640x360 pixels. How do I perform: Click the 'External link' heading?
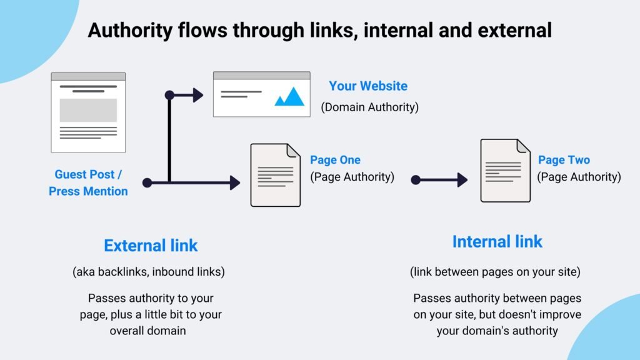tap(151, 246)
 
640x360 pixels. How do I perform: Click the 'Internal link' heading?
tap(497, 241)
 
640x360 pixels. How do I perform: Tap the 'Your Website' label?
tap(368, 86)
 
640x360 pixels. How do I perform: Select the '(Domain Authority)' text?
tap(369, 107)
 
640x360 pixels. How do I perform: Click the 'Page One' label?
tap(335, 160)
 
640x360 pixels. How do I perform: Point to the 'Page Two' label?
tap(564, 160)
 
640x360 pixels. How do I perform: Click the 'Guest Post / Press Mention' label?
tap(88, 183)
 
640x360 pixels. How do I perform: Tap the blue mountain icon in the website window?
tap(289, 96)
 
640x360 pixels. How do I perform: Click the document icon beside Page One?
tap(275, 175)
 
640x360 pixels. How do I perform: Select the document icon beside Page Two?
tap(505, 170)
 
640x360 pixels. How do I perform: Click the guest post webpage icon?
tap(88, 112)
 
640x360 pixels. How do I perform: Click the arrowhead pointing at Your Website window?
tap(198, 95)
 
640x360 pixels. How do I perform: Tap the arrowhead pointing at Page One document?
tap(235, 182)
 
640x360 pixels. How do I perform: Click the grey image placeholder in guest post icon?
tap(88, 110)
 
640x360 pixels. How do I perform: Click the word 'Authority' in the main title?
tap(126, 30)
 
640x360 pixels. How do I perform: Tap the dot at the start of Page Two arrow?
tap(416, 180)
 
